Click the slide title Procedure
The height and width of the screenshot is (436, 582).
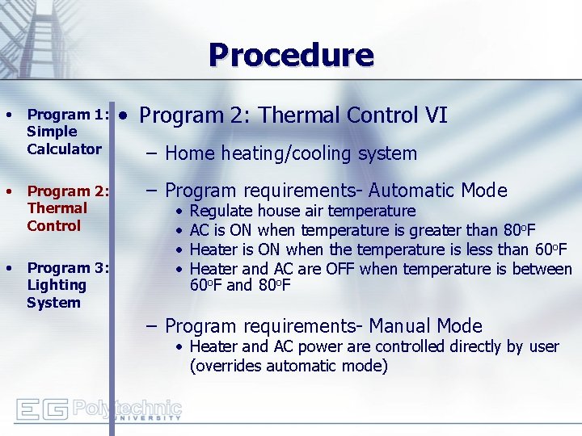click(291, 55)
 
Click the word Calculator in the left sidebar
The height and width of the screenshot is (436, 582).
click(64, 149)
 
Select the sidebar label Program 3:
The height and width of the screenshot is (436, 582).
click(68, 267)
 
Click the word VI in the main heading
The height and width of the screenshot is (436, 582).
click(434, 115)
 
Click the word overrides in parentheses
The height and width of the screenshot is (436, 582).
click(227, 366)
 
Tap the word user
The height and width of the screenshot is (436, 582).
click(542, 346)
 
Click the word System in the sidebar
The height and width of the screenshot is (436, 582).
click(53, 303)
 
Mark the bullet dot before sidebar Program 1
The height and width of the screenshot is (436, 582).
click(9, 115)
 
